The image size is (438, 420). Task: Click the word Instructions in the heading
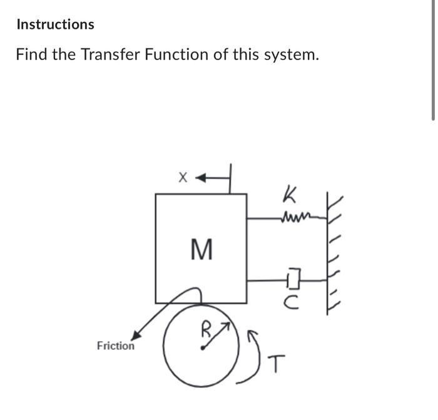pos(55,24)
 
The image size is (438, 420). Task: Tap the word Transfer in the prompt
pos(110,55)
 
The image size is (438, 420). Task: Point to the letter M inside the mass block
pos(200,251)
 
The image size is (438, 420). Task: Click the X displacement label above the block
pos(182,178)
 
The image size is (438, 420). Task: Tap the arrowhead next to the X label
pos(201,178)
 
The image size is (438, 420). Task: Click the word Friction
pos(115,346)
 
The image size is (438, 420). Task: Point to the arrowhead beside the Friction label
pos(135,336)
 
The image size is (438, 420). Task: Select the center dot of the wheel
pos(201,349)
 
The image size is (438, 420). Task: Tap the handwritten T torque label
pos(278,362)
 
